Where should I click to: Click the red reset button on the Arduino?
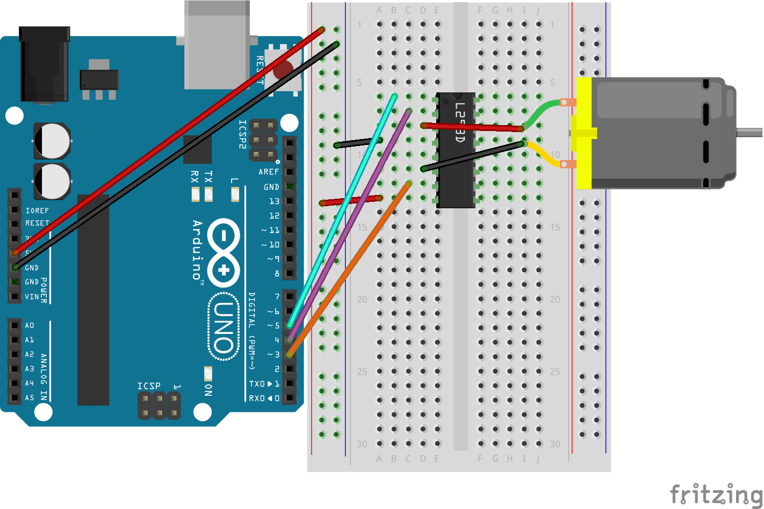(x=283, y=70)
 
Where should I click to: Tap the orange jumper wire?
(x=349, y=268)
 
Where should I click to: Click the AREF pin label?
(x=269, y=172)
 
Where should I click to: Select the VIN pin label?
(x=32, y=296)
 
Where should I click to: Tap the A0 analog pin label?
(x=30, y=325)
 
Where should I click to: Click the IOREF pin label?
(x=37, y=210)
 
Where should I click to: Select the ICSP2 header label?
(x=243, y=134)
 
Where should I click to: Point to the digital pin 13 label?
(x=274, y=201)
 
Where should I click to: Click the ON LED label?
(x=208, y=390)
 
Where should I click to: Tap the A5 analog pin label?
(x=30, y=398)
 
